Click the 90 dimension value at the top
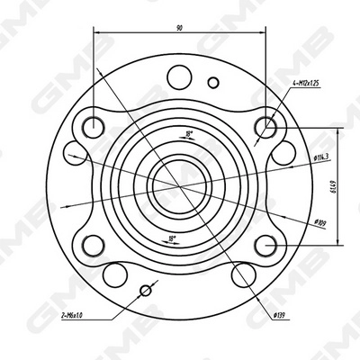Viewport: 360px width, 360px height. click(180, 29)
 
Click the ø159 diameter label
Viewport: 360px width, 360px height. click(318, 222)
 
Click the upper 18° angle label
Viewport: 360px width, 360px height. click(188, 134)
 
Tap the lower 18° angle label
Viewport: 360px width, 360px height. click(173, 238)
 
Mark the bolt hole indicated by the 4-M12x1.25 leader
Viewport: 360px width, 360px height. click(265, 125)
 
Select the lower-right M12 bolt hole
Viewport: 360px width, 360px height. click(265, 245)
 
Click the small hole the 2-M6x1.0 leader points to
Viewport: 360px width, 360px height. click(147, 290)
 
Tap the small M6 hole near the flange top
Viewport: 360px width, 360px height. click(213, 83)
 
